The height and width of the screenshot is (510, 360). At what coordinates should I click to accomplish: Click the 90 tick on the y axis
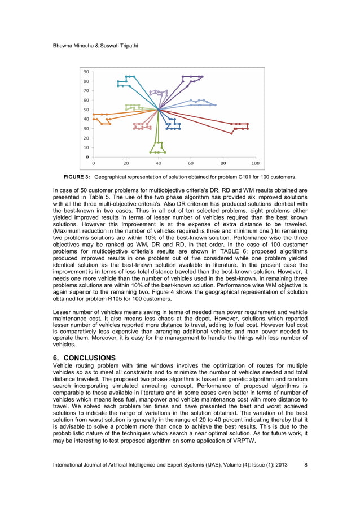[x=86, y=72]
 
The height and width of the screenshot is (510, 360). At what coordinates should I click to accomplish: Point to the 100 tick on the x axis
[x=256, y=163]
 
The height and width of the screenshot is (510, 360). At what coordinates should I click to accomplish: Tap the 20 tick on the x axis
[x=126, y=163]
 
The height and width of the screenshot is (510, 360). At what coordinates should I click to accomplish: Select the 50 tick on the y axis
[x=86, y=110]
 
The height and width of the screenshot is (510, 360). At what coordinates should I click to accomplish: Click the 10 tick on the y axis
[x=86, y=147]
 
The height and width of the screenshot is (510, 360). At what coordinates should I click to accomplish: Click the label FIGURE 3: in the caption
[x=77, y=177]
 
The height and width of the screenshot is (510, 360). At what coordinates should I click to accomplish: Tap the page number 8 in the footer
[x=305, y=464]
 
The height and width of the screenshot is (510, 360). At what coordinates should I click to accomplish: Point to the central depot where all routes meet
[x=159, y=110]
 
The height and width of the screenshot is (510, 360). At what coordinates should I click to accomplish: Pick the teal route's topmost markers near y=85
[x=130, y=76]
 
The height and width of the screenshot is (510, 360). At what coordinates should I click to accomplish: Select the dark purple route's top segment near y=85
[x=192, y=76]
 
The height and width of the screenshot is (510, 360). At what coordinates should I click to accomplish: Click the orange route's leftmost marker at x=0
[x=94, y=115]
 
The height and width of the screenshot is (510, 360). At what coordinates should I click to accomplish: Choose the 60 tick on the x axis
[x=191, y=163]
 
